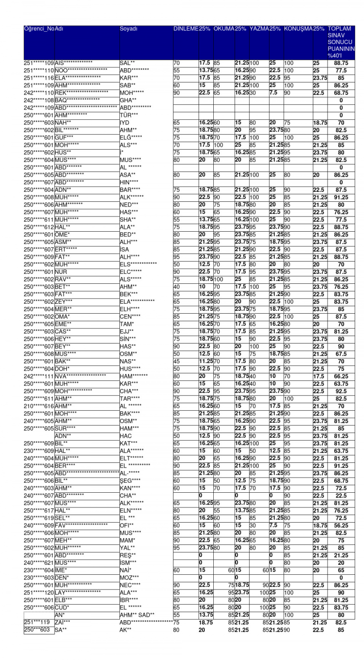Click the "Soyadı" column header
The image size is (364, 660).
129,29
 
